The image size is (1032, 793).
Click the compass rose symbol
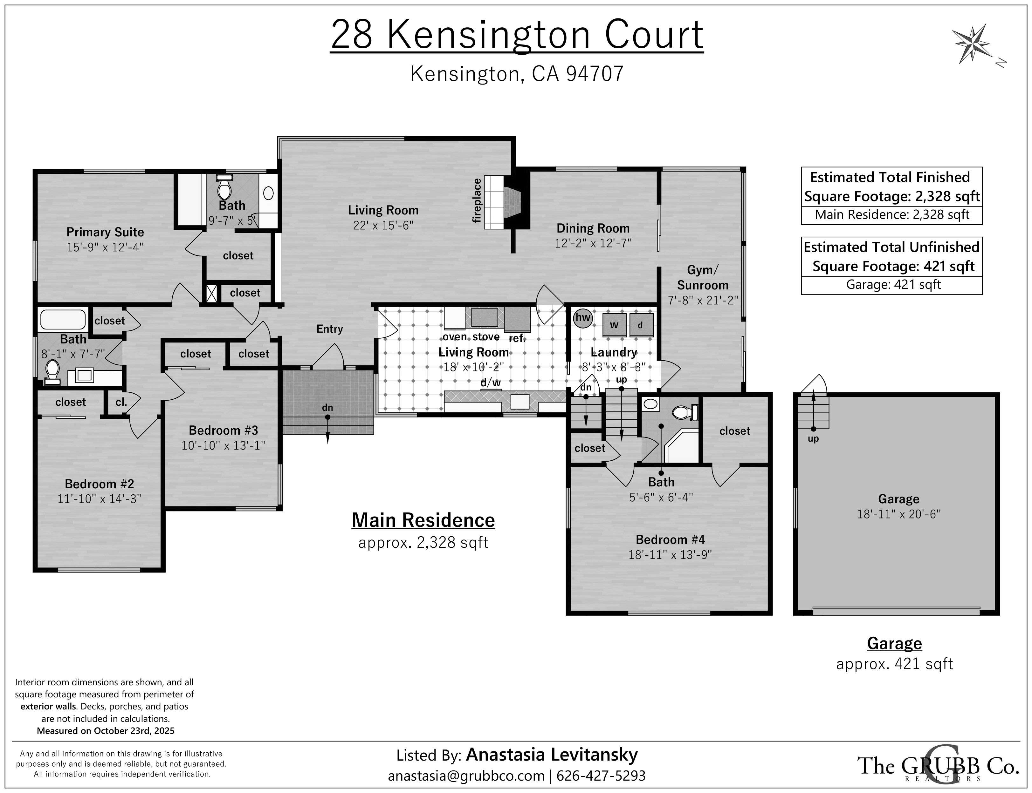click(972, 44)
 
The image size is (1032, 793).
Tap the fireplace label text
click(477, 200)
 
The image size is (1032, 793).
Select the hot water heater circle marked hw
click(583, 318)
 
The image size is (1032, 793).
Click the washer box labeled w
click(614, 325)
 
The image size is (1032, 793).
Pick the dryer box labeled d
click(641, 325)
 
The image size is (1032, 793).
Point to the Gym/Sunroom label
click(703, 278)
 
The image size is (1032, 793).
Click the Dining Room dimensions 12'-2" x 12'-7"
click(593, 243)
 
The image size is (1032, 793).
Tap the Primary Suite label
click(105, 232)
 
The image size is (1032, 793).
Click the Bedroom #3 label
click(224, 430)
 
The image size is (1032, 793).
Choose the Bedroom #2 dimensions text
click(99, 499)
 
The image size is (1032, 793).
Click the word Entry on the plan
click(330, 329)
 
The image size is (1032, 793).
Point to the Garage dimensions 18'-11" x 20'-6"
click(899, 514)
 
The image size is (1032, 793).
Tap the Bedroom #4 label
click(670, 539)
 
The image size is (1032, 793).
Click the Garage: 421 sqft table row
click(892, 285)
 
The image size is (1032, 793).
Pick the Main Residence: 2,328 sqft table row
click(892, 215)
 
